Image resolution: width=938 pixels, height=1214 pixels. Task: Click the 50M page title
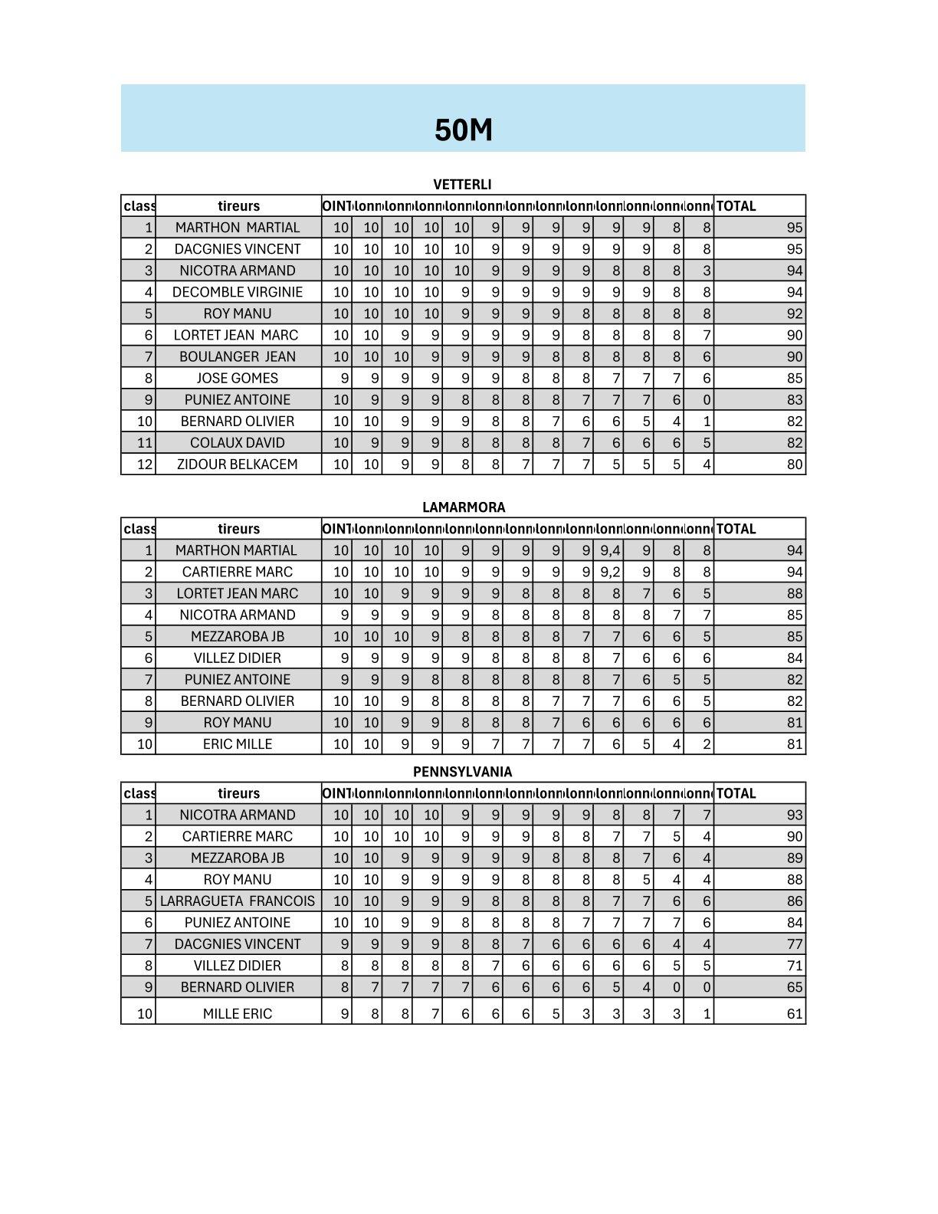[463, 130]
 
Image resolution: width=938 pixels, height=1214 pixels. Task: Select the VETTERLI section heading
[462, 185]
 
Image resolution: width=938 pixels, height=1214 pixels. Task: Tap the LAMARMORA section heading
[464, 507]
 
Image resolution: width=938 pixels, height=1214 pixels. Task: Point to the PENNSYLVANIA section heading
[462, 772]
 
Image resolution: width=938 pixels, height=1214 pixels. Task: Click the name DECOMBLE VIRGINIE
[238, 292]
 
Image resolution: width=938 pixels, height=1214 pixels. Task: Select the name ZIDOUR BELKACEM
[238, 464]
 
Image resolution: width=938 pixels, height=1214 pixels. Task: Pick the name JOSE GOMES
[238, 378]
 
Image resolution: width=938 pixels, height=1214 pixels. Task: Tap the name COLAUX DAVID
[238, 443]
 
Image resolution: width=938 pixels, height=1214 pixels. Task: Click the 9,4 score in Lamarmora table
[610, 550]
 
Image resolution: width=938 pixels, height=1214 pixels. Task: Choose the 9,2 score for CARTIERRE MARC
[610, 572]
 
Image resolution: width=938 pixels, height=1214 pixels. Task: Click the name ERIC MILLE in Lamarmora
[238, 744]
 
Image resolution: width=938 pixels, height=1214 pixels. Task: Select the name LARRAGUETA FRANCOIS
[238, 901]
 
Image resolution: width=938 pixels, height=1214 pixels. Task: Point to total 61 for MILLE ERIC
[795, 1014]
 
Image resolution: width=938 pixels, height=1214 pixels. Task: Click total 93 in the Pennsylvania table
[795, 815]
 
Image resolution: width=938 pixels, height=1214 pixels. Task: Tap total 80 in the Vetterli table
[795, 464]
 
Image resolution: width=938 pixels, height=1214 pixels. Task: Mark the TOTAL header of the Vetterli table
[736, 206]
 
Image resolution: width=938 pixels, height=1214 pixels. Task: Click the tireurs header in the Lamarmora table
[238, 529]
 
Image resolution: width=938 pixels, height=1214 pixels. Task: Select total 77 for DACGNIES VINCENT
[795, 944]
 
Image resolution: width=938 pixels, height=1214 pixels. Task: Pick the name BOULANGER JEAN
[238, 356]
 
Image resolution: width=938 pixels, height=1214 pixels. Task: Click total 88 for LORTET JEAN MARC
[795, 593]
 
